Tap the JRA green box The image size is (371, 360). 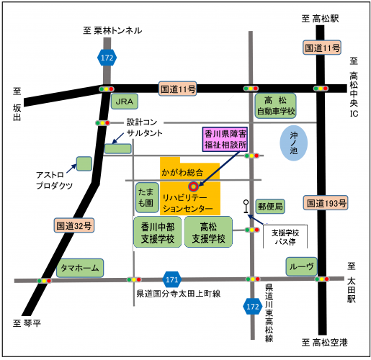[x=126, y=103]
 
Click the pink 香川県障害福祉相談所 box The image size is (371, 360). [x=225, y=139]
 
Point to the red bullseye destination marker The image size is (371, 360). [x=192, y=186]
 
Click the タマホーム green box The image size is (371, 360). [x=79, y=268]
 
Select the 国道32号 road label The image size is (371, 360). [x=74, y=225]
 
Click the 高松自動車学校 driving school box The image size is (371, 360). [x=276, y=105]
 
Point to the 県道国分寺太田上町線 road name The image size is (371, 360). [x=178, y=294]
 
